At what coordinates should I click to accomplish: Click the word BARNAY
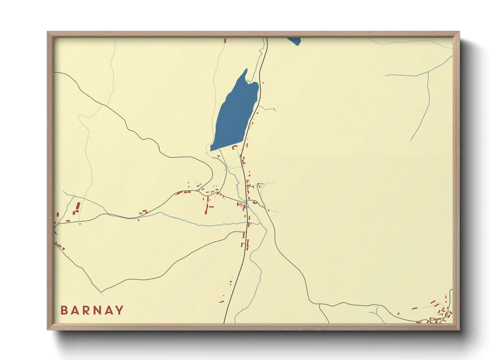[x=92, y=310]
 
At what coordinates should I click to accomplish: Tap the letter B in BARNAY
[x=64, y=310]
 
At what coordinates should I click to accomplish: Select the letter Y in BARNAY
[x=120, y=310]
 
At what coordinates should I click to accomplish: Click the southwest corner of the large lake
[x=211, y=149]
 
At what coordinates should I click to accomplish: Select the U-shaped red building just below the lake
[x=235, y=147]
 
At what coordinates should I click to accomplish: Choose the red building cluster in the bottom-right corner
[x=439, y=315]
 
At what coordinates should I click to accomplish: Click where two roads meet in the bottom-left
[x=101, y=292]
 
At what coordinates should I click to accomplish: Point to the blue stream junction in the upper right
[x=428, y=72]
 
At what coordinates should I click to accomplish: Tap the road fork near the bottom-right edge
[x=319, y=305]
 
